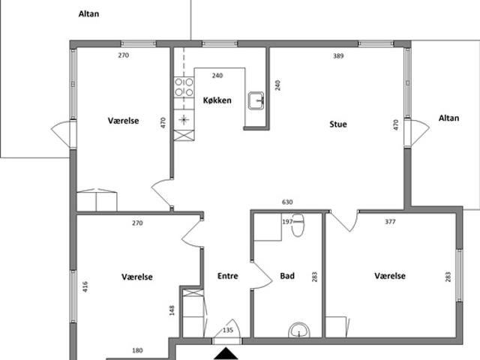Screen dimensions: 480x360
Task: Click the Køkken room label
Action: tap(217, 100)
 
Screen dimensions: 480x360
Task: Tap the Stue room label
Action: tap(338, 124)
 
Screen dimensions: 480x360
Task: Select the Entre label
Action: tap(228, 276)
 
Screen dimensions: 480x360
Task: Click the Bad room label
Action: tap(287, 276)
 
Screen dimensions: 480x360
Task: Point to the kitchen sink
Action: tap(256, 100)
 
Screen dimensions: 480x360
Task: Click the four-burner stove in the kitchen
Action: tap(184, 87)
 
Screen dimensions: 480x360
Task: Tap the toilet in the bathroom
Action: tap(298, 225)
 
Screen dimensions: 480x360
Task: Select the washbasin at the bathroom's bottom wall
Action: tap(299, 330)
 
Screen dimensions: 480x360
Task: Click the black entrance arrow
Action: tap(226, 353)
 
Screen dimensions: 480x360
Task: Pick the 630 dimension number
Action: tap(287, 202)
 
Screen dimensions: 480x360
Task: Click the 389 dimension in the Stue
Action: tap(338, 56)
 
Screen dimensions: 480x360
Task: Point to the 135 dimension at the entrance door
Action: tap(228, 330)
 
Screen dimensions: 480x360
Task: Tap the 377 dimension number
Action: tap(390, 222)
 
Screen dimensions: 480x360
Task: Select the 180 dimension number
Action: tap(137, 350)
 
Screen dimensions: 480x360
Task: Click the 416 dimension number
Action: tap(85, 286)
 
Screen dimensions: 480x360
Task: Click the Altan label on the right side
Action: tap(448, 118)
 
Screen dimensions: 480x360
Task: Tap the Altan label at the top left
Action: tap(88, 13)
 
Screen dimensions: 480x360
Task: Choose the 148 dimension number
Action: tap(172, 310)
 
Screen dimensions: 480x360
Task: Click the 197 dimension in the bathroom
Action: tap(287, 222)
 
